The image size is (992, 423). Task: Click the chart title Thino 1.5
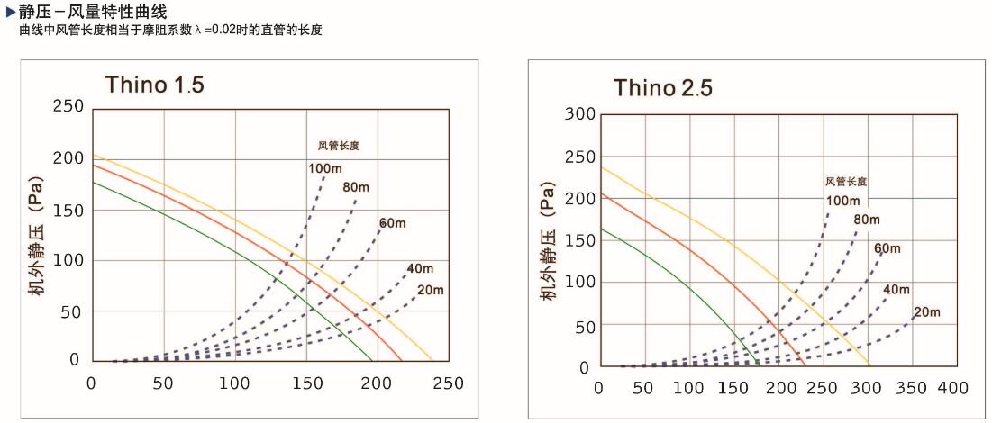coord(155,85)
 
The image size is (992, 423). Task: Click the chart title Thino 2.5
coord(663,88)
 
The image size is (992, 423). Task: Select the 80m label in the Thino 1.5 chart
coord(356,188)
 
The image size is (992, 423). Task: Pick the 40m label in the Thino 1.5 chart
coord(420,268)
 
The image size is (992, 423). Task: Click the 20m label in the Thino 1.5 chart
coord(431,289)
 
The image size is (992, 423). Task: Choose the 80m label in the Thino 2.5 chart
coord(867,220)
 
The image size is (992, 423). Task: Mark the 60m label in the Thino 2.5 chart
coord(887,248)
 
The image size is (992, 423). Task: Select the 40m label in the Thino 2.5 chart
coord(896,289)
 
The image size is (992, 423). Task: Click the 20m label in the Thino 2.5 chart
coord(927,312)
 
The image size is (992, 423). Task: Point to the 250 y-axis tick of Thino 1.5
coord(69,106)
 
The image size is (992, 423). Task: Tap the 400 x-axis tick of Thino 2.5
coord(952,388)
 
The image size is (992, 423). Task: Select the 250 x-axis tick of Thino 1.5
coord(448,382)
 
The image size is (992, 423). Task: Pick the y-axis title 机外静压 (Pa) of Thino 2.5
coord(551,242)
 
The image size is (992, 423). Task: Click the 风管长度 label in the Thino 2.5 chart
coord(846,182)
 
